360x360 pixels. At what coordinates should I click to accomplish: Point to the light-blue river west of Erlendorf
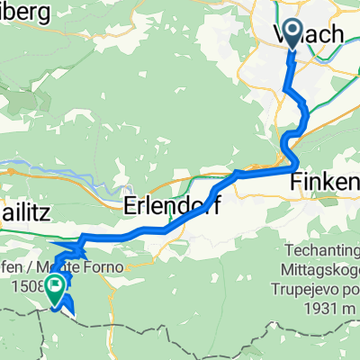click(54, 166)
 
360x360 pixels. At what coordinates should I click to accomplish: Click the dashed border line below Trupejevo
click(270, 328)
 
